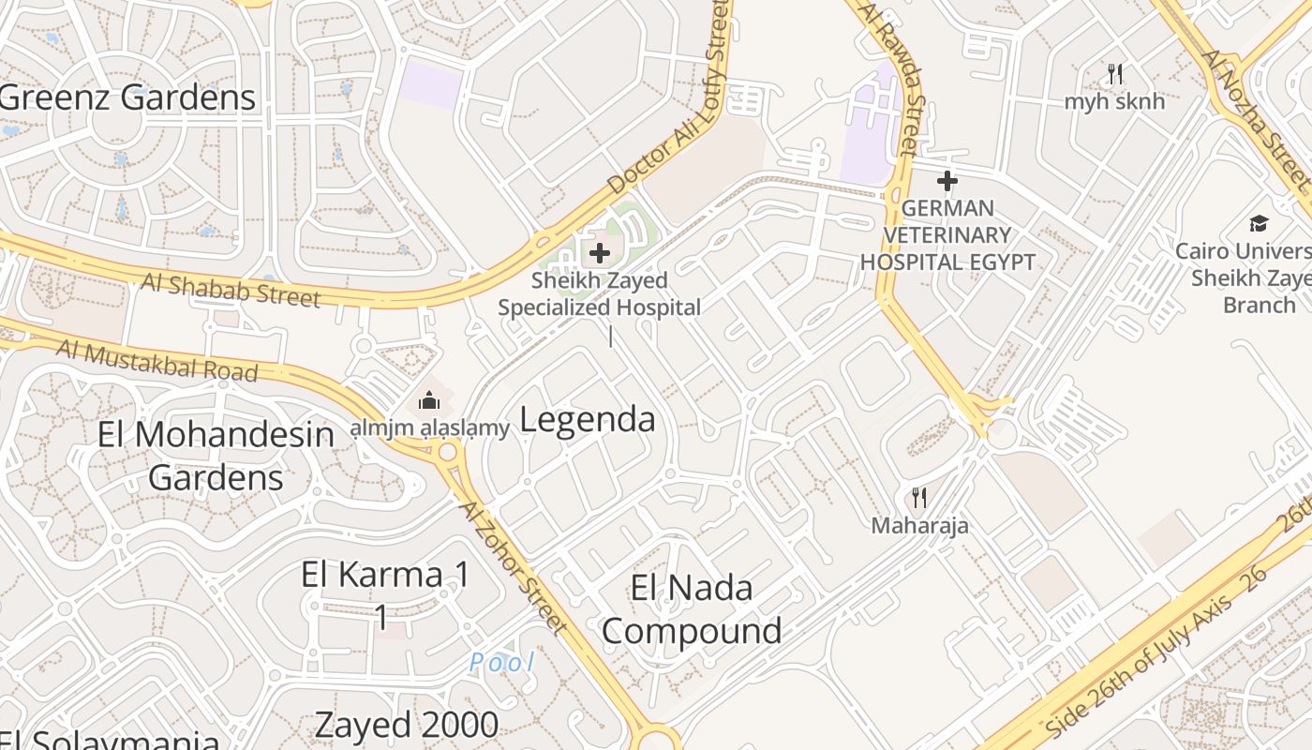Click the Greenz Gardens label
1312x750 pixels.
(x=127, y=97)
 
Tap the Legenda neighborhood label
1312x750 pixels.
(x=587, y=419)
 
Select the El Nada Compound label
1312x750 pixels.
(x=692, y=609)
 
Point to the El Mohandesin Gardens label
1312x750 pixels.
(x=216, y=456)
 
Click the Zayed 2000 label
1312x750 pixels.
(x=406, y=725)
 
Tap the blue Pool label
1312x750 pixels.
(x=502, y=663)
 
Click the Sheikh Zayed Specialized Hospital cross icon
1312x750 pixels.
(x=599, y=252)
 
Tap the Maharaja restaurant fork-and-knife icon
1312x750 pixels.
(x=919, y=497)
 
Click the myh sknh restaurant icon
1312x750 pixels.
(x=1114, y=73)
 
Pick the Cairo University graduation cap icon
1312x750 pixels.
(x=1258, y=223)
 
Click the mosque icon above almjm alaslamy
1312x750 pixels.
(x=428, y=400)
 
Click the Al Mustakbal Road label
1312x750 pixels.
(x=157, y=360)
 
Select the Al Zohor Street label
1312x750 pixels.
(x=513, y=565)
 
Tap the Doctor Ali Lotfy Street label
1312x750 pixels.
(x=669, y=100)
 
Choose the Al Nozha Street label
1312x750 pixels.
(x=1258, y=115)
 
